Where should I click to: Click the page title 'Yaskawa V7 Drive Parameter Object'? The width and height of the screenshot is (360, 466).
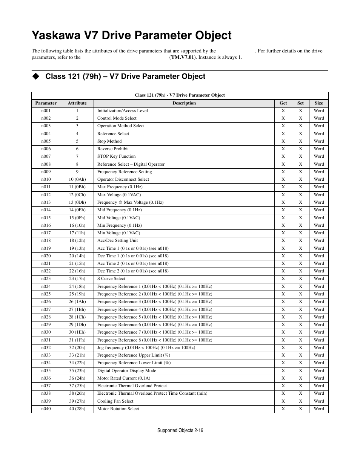coord(131,35)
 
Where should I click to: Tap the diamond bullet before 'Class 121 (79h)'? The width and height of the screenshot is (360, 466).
coord(35,76)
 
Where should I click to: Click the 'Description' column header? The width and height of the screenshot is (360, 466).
coord(184,103)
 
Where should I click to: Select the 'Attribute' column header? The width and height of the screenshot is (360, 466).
coord(77,103)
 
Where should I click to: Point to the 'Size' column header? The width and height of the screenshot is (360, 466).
coord(318,103)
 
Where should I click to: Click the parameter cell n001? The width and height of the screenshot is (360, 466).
coord(46,111)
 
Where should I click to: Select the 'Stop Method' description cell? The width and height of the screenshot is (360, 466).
coord(109,141)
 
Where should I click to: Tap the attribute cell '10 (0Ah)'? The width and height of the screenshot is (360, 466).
coord(77,179)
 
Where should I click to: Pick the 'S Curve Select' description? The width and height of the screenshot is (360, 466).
coord(111,278)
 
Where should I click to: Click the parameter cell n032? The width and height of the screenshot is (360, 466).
coord(46,348)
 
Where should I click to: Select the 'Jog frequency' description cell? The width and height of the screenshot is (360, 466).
coord(146,348)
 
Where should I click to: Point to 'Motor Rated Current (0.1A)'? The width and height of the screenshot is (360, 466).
coord(124,378)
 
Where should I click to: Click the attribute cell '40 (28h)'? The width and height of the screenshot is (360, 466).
coord(77,409)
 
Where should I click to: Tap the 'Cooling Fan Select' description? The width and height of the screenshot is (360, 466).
coord(115,401)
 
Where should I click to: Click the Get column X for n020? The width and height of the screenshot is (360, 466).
coord(283,256)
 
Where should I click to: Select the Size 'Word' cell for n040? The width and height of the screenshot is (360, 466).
coord(318,409)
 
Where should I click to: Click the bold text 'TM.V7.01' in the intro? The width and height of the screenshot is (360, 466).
coord(182,57)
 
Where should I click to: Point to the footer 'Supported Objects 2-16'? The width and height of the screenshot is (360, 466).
coord(180,430)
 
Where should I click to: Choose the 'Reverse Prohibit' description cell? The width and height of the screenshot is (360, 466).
coord(113,149)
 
